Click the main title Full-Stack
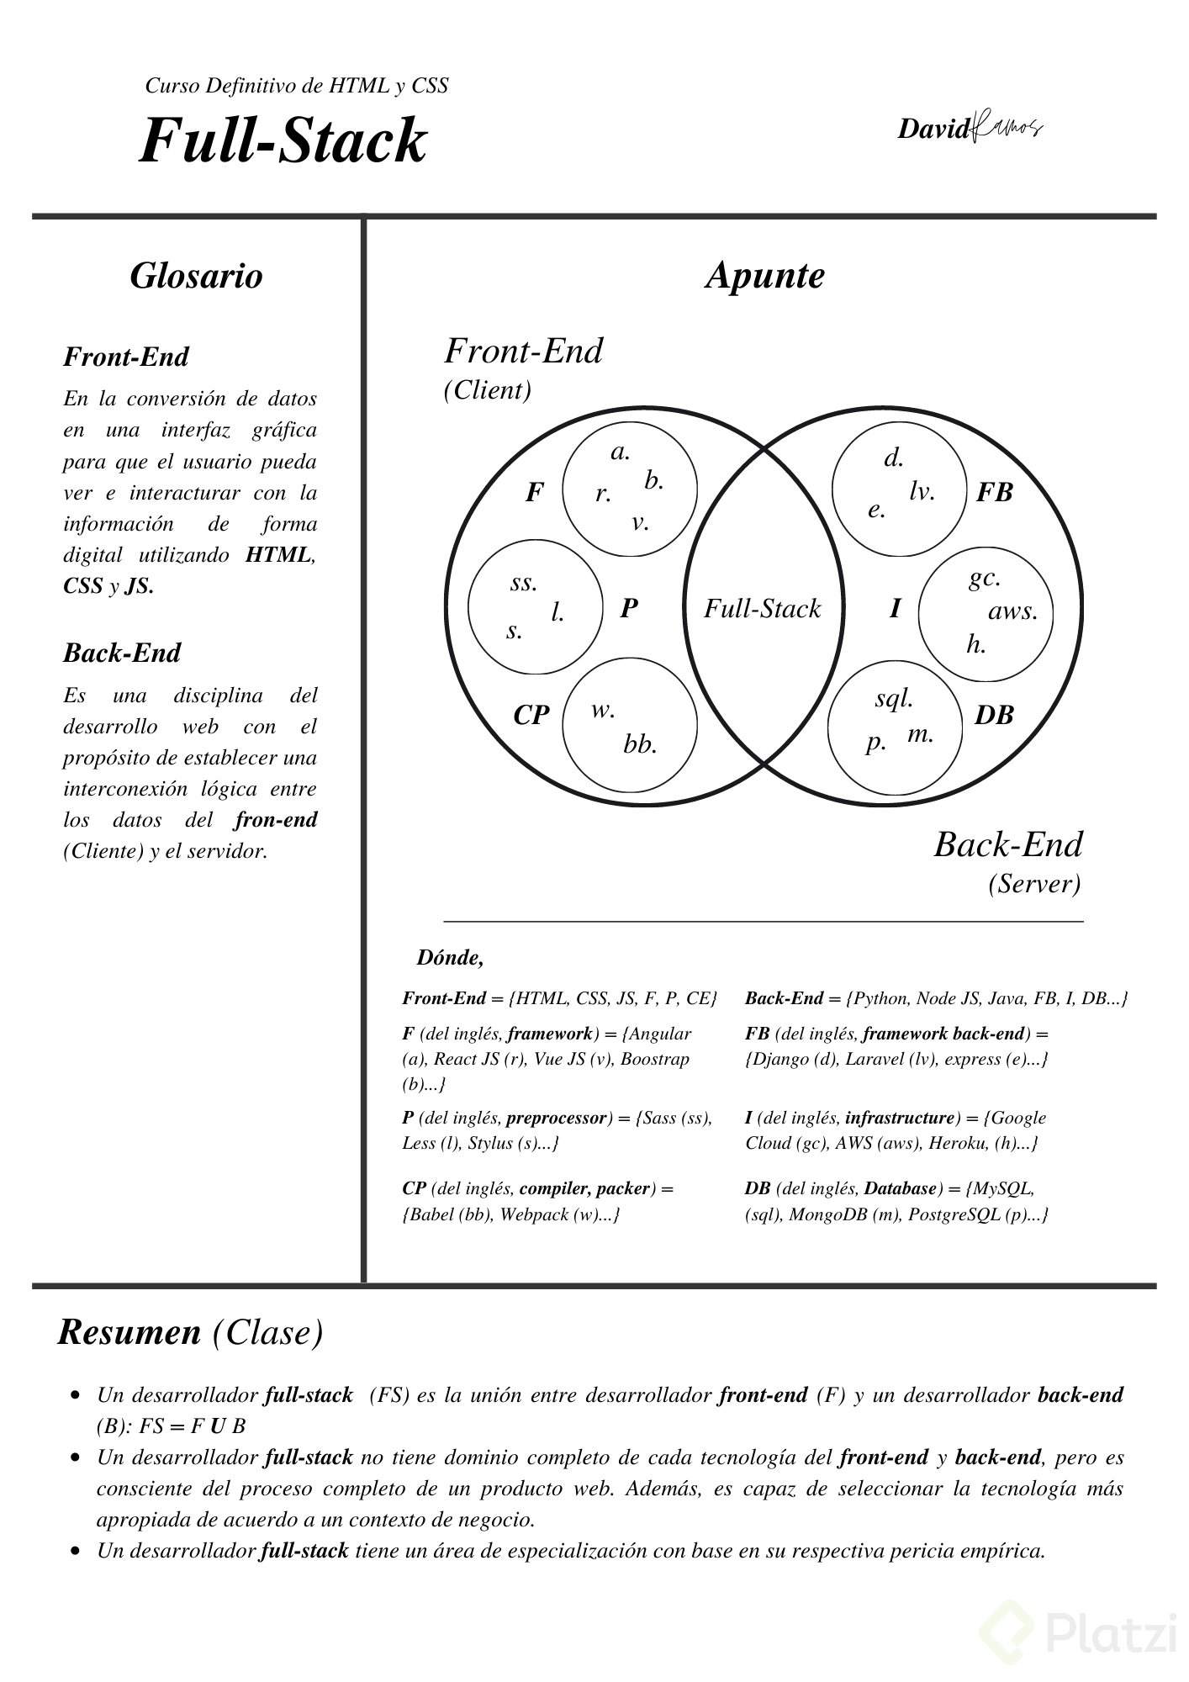point(283,140)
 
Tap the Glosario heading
point(196,276)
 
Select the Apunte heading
point(764,277)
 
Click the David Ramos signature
point(970,128)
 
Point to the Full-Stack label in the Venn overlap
point(762,608)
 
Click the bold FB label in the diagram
point(994,493)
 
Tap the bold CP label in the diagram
point(531,715)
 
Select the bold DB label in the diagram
point(994,716)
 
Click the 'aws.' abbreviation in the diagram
point(1012,611)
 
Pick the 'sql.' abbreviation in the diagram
point(894,700)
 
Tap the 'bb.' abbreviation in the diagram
point(640,744)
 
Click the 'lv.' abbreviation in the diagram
point(922,491)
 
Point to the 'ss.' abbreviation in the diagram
point(523,583)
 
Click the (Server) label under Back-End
point(1034,884)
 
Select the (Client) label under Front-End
point(488,390)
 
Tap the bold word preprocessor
point(557,1118)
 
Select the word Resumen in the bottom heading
point(129,1332)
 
